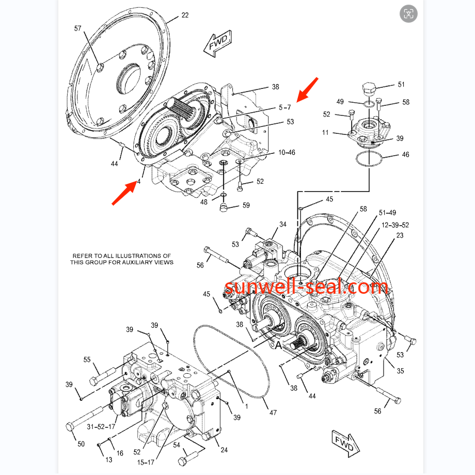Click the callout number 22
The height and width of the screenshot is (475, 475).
click(185, 15)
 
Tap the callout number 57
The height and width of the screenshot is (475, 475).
click(78, 28)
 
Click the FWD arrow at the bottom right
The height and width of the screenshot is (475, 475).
click(345, 444)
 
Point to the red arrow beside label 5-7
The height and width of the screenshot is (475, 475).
click(308, 90)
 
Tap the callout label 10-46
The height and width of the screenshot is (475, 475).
click(287, 152)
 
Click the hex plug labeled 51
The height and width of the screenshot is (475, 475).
click(369, 88)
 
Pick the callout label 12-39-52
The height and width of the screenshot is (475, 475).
click(395, 225)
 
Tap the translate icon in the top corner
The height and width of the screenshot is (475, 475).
click(408, 13)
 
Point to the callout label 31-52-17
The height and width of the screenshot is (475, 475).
click(101, 427)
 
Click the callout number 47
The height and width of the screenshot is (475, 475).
click(273, 413)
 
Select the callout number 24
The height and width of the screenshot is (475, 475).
click(224, 450)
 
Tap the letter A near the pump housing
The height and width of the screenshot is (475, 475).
click(278, 345)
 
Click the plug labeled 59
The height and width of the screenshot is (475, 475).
click(224, 208)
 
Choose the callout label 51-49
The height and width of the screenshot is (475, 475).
click(387, 213)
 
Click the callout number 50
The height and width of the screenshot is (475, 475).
click(81, 444)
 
